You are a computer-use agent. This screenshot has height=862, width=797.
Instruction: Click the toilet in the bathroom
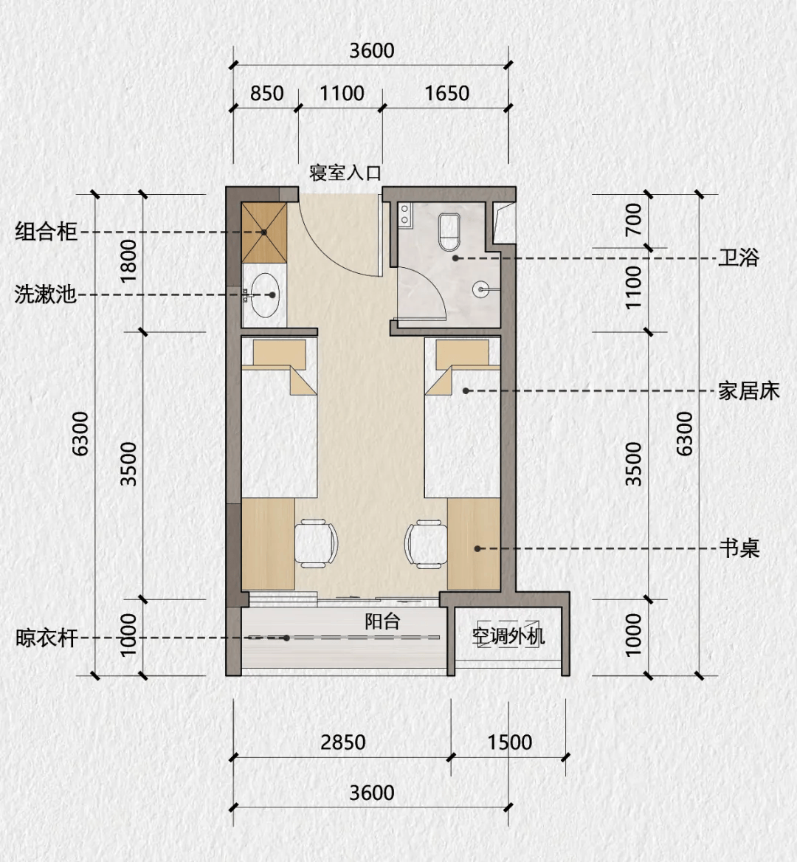coord(449,230)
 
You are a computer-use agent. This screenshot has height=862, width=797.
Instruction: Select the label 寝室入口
coord(345,173)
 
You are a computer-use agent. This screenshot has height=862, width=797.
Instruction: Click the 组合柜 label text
coord(46,232)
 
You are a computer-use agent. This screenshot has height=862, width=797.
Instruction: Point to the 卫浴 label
coord(739,258)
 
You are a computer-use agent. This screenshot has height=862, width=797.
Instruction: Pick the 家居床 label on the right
coord(748,390)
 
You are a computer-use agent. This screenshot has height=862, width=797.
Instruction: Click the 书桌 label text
coord(739,548)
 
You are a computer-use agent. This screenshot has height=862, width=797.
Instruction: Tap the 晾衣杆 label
coord(46,638)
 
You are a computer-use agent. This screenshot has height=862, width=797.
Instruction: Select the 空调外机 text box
coord(508,635)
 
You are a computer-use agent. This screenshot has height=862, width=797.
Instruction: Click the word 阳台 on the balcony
coord(382,621)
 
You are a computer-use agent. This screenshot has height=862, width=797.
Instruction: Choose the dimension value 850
coord(266,94)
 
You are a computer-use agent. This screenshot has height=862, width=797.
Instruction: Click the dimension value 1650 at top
coord(446,94)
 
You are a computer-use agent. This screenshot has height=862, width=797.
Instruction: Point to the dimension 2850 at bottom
coord(342,742)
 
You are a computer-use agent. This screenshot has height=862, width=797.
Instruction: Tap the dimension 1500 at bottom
coord(509,742)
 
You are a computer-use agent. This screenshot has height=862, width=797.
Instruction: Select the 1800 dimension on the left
coord(128,261)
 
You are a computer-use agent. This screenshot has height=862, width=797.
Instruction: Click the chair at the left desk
coord(317,543)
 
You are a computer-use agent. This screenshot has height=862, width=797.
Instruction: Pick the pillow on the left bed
coord(279,353)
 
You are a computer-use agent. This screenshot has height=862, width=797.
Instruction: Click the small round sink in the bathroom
coord(481,289)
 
